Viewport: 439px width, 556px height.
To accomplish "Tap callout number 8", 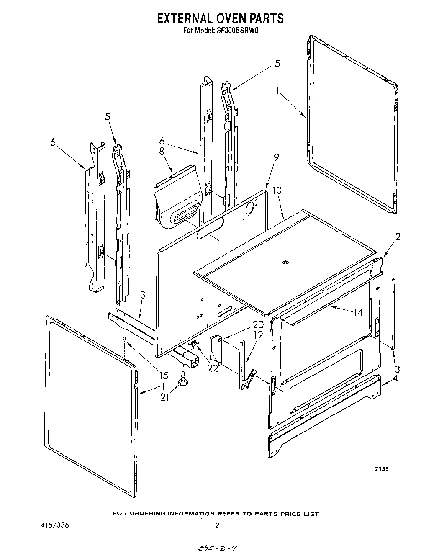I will tap(162, 152).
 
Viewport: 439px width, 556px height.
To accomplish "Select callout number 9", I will tap(276, 158).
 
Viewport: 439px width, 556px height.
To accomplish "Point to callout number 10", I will tap(277, 190).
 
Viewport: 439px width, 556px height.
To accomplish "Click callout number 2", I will tap(398, 237).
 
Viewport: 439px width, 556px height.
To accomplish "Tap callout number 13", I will tap(395, 369).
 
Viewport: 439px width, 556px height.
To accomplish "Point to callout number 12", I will tap(258, 335).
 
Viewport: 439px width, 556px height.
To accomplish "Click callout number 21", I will tap(165, 397).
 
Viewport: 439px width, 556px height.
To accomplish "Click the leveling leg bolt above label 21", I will tap(183, 378).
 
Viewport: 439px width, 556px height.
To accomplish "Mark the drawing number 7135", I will tap(381, 469).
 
